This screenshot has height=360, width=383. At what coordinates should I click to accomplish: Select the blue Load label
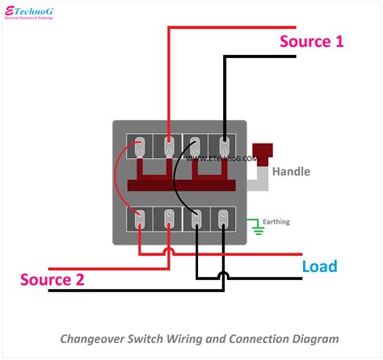tap(319, 266)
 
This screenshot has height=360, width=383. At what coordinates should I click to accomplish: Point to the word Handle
tap(290, 172)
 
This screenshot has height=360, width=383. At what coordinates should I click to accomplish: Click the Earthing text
tap(275, 221)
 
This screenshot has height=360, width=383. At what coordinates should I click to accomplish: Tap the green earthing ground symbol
tap(258, 228)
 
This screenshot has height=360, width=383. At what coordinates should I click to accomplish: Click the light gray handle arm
tap(257, 178)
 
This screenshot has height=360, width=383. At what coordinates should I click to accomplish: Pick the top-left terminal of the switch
tap(141, 146)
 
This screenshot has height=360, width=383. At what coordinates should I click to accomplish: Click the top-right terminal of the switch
tap(224, 146)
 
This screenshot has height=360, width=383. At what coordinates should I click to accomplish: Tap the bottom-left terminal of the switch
tap(141, 218)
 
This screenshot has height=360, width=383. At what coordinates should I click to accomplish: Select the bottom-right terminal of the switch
tap(224, 218)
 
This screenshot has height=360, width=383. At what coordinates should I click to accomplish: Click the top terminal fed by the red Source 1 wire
tap(168, 146)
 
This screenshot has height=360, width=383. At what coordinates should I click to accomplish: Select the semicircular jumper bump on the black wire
tap(224, 276)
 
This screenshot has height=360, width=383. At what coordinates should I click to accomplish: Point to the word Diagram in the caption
tap(315, 339)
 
